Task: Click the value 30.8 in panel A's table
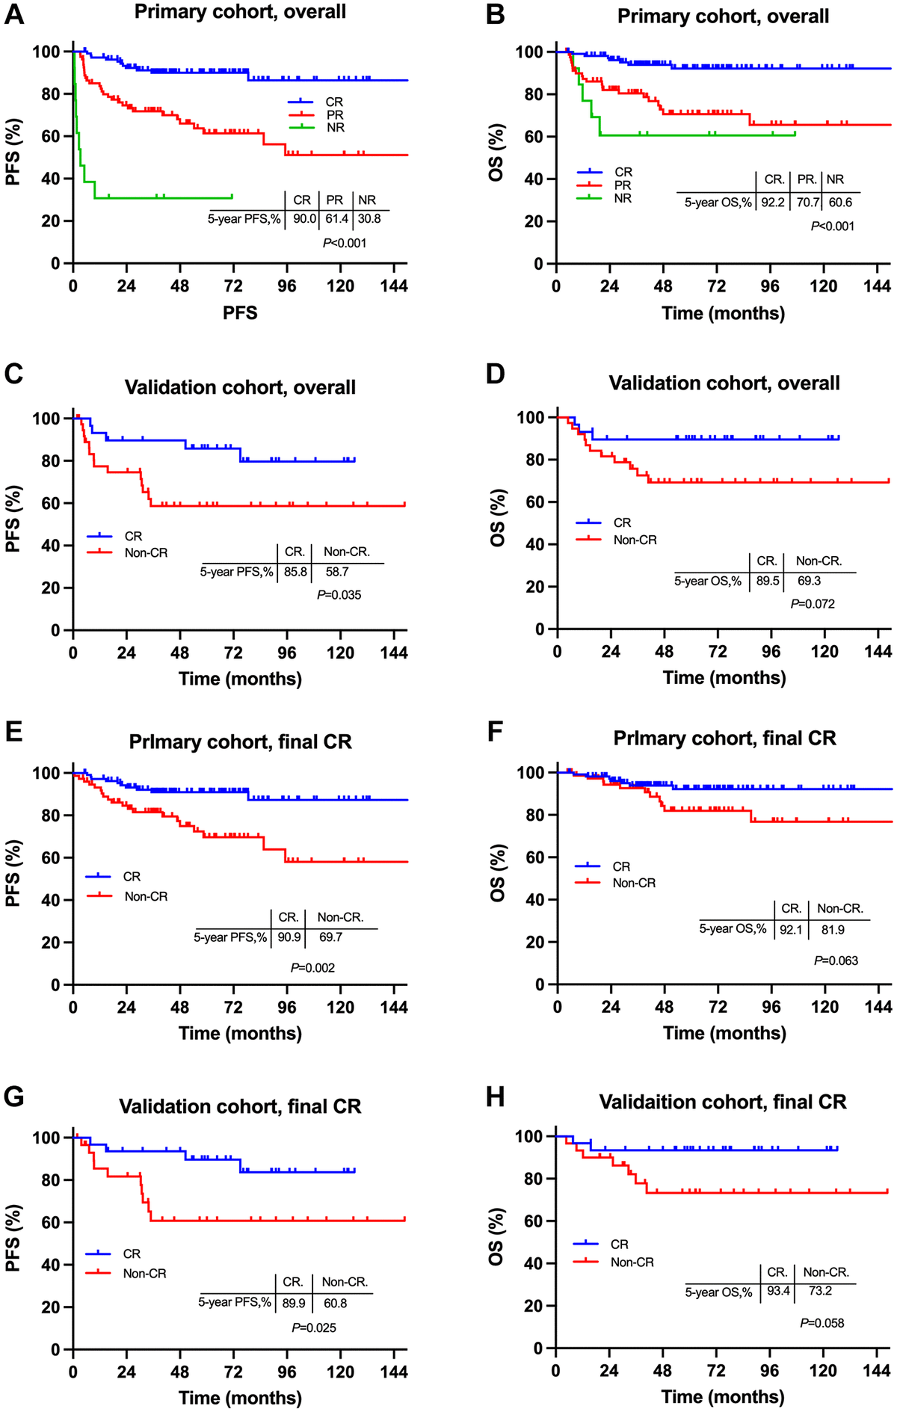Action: tap(369, 219)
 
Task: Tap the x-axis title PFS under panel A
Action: tap(240, 312)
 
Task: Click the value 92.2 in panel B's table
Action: tap(773, 202)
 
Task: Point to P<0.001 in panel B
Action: tap(832, 226)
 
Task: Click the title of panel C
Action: tap(240, 387)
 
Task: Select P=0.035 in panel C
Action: tap(339, 595)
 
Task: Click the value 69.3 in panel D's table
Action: tap(809, 581)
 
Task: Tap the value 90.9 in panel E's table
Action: tap(289, 937)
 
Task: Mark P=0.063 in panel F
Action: tap(836, 961)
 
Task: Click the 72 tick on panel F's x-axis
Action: tap(718, 1007)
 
